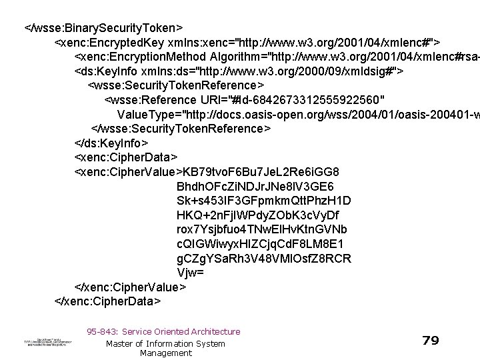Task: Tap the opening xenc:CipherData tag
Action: pyautogui.click(x=126, y=157)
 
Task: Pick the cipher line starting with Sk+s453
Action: pyautogui.click(x=253, y=200)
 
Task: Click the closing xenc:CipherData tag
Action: pyautogui.click(x=107, y=301)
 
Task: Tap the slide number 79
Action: pyautogui.click(x=431, y=341)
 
